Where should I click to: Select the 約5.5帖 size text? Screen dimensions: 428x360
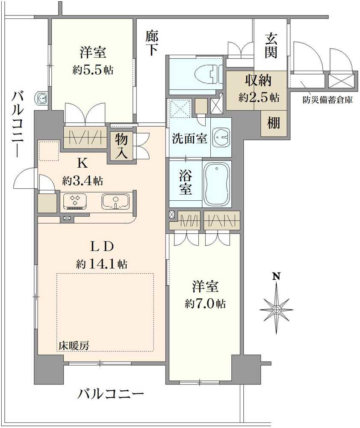point(93,70)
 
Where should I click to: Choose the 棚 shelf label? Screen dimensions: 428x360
point(273,123)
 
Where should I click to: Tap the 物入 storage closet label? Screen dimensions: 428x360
point(121,146)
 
